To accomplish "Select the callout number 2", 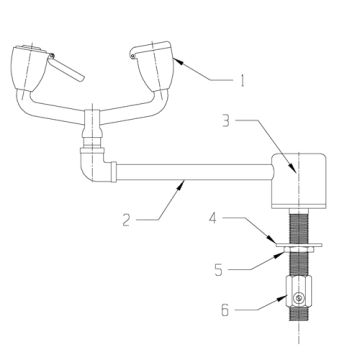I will tap(126, 216).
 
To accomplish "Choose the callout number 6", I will tap(225, 311).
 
